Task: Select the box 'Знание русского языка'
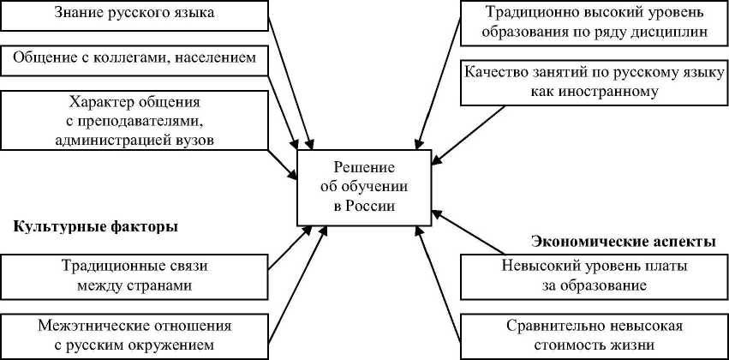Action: coord(134,15)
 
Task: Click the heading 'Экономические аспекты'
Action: coord(624,242)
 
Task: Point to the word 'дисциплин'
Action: coord(669,33)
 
